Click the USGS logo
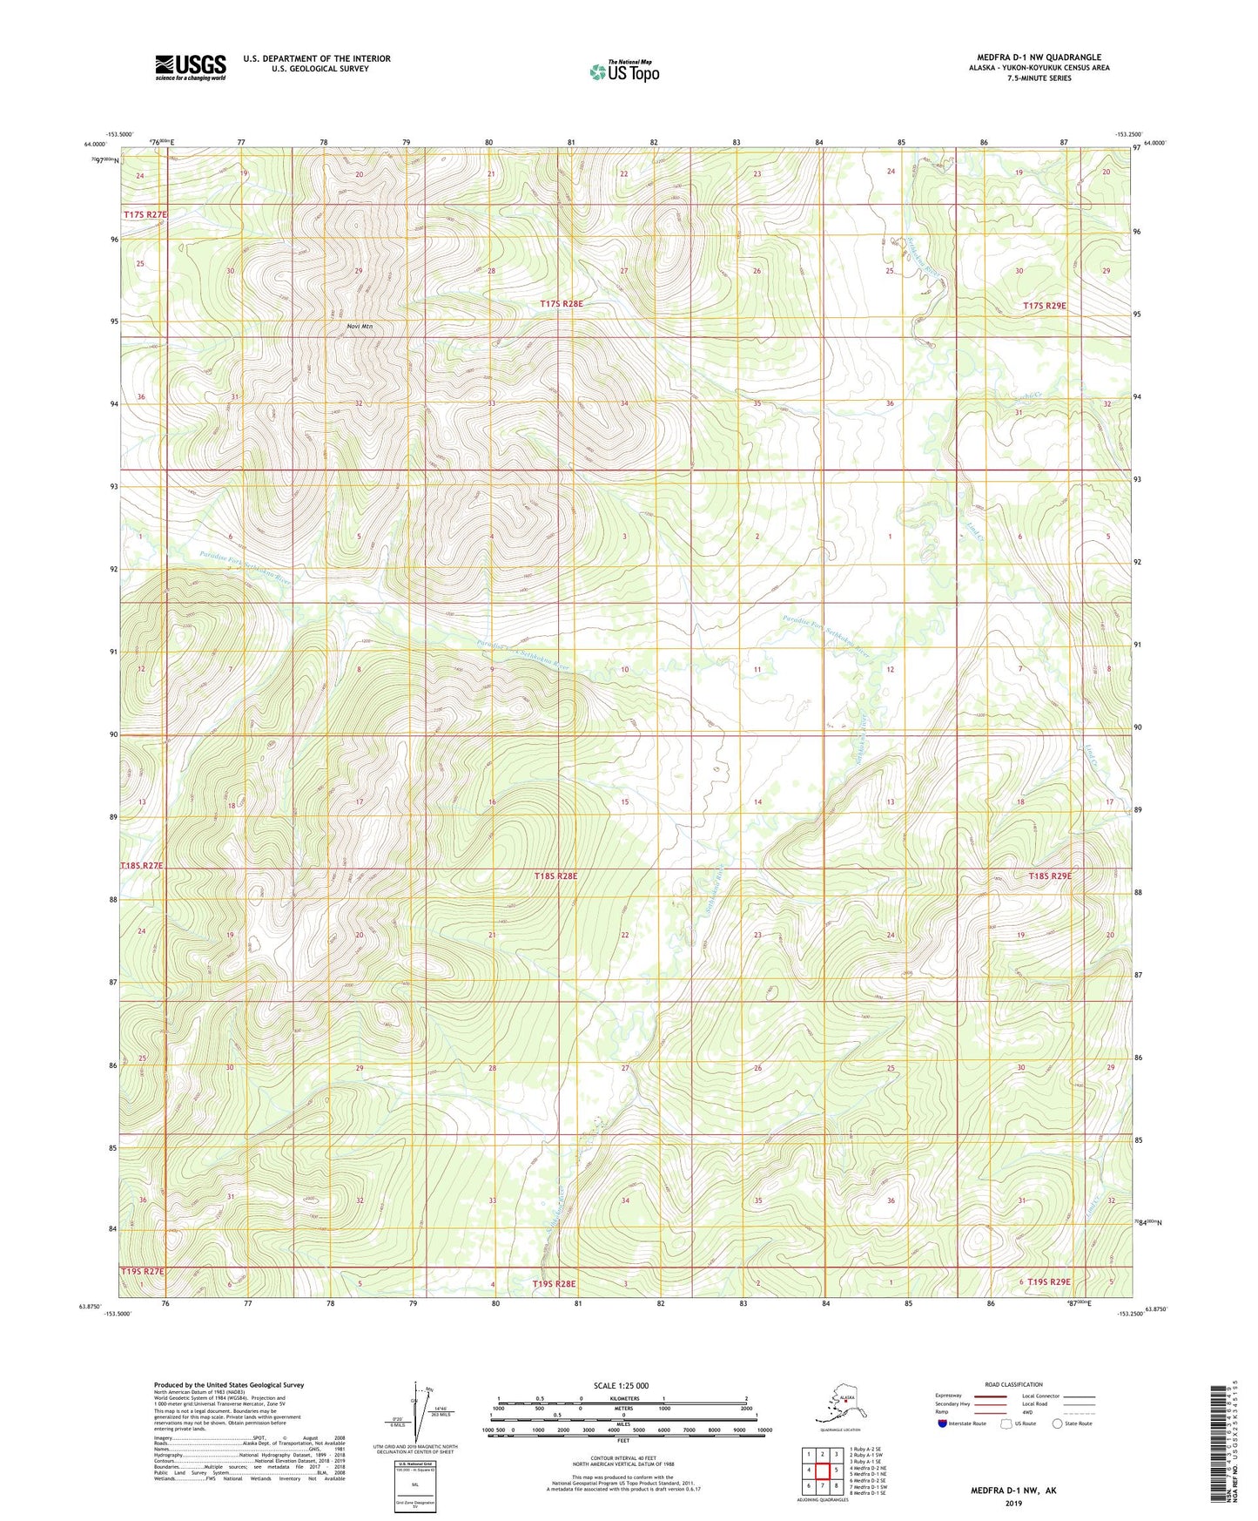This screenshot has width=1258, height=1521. point(190,67)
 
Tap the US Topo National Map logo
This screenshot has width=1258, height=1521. point(623,71)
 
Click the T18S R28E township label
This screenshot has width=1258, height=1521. point(555,875)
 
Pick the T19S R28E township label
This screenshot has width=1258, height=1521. point(554,1284)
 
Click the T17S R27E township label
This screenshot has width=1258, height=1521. point(143,213)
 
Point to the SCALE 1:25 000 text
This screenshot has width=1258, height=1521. point(621,1385)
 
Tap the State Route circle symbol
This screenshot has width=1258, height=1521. point(1057,1424)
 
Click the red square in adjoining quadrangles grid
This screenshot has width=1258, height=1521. point(822,1470)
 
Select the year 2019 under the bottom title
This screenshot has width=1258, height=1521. point(1012,1503)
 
